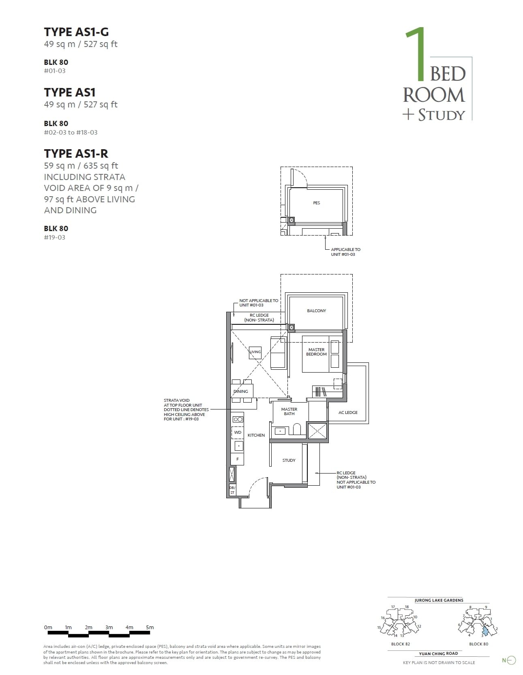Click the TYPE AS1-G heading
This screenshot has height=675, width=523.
[76, 32]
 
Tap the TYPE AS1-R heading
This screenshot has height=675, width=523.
[76, 154]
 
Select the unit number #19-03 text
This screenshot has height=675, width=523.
[55, 238]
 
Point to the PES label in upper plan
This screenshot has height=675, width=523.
[316, 203]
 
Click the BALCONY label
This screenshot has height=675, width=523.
[316, 311]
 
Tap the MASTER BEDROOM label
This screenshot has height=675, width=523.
[316, 352]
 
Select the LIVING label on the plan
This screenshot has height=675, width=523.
[255, 352]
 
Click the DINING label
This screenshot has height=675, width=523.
[240, 391]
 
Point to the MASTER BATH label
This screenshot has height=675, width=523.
[289, 411]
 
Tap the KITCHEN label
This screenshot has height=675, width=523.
[256, 435]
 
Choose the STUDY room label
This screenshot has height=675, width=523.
[289, 460]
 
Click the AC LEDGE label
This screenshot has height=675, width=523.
[348, 412]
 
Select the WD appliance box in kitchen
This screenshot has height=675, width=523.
[238, 433]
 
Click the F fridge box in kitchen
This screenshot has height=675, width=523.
[238, 459]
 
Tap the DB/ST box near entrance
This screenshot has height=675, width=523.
[232, 490]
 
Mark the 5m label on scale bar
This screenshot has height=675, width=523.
[150, 627]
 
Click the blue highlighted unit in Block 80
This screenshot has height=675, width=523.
[485, 631]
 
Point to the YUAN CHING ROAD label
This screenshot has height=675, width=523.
[438, 654]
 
